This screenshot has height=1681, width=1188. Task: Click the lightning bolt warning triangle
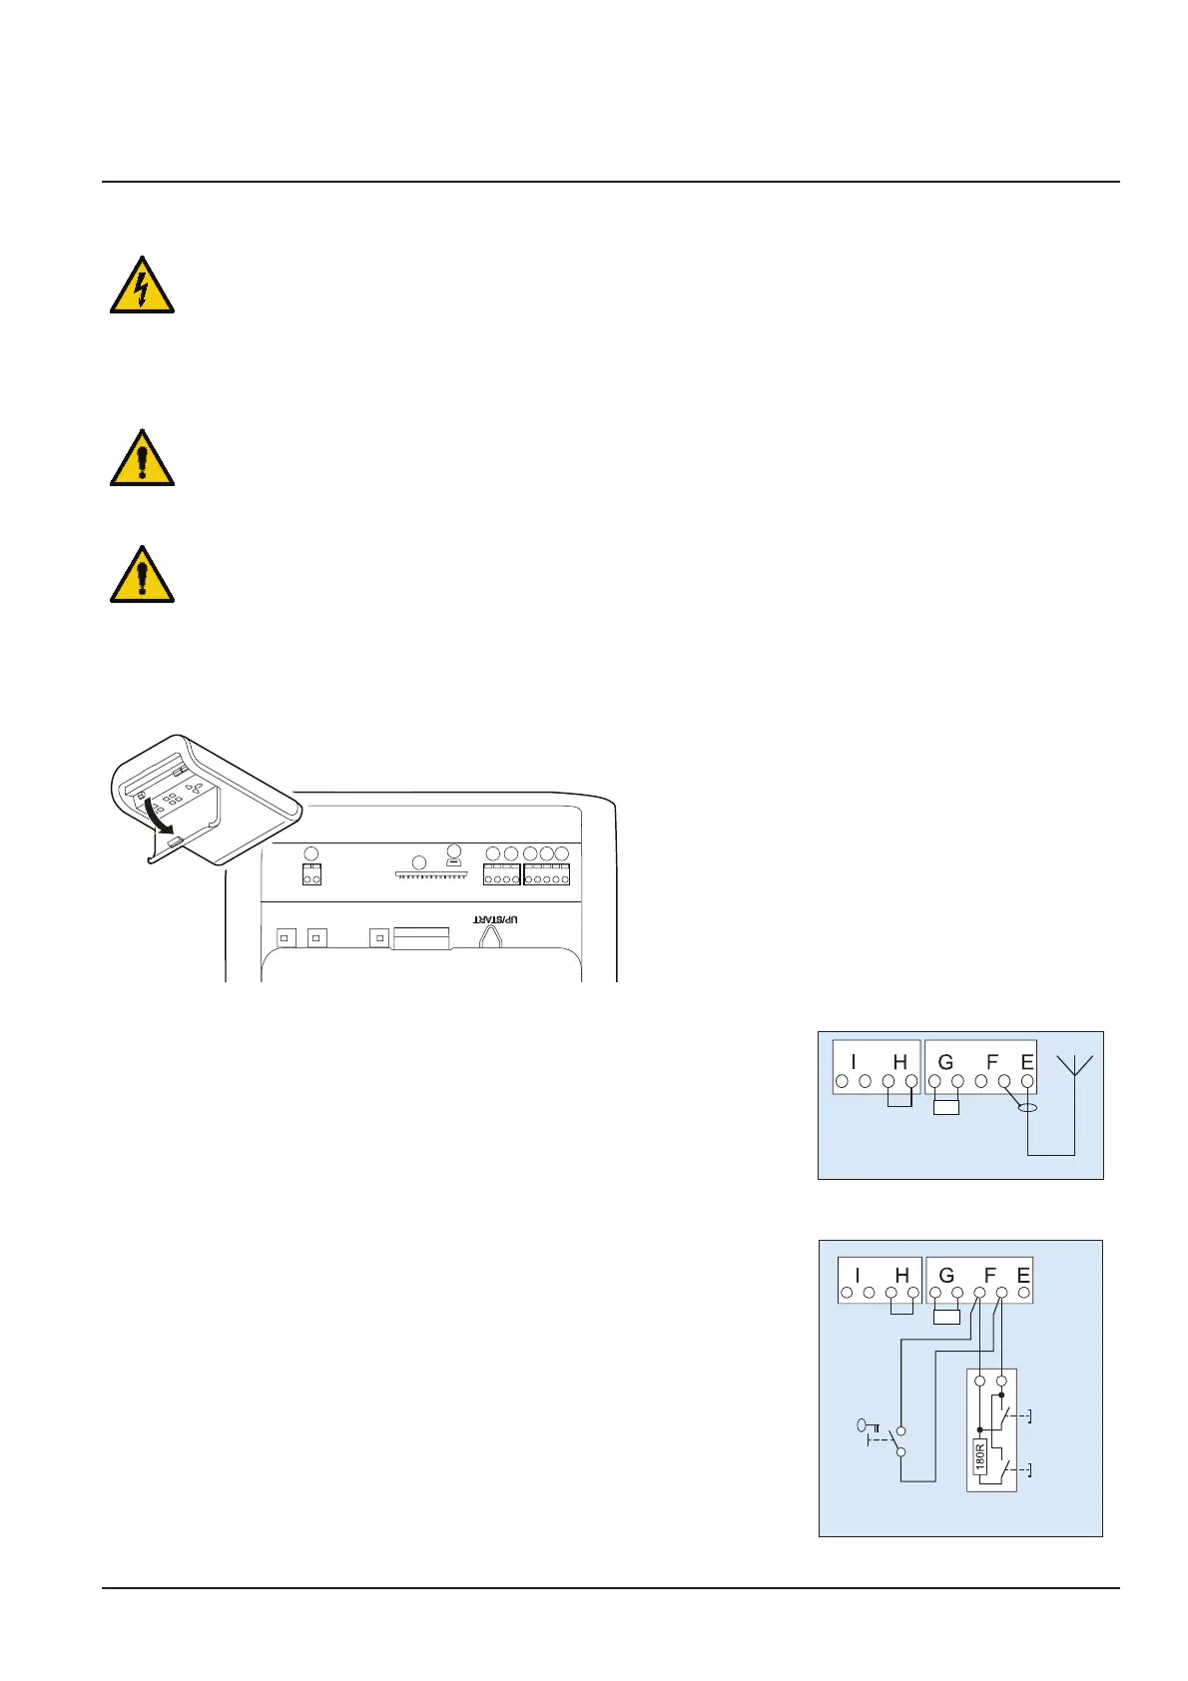point(142,286)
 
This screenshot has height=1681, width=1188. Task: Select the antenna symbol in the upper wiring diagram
point(1075,1066)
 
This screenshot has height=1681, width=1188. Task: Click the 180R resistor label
point(979,1456)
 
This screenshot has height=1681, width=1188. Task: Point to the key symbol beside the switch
point(868,1426)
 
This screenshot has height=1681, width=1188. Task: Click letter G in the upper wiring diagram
point(945,1062)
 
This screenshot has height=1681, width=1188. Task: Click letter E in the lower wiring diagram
point(1022,1275)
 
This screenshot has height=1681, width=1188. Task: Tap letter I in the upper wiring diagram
point(854,1062)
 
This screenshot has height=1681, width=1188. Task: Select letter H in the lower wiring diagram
point(901,1275)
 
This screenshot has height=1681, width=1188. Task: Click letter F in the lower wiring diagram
point(989,1275)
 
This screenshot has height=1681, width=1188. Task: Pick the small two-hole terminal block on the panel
point(311,875)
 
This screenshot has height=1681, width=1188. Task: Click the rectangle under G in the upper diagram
point(945,1106)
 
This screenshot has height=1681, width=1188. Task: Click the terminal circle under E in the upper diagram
point(1026,1081)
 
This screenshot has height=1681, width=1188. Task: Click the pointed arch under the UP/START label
point(490,936)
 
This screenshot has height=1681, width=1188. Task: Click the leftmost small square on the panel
point(287,938)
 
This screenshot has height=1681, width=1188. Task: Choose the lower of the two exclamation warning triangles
point(142,576)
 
